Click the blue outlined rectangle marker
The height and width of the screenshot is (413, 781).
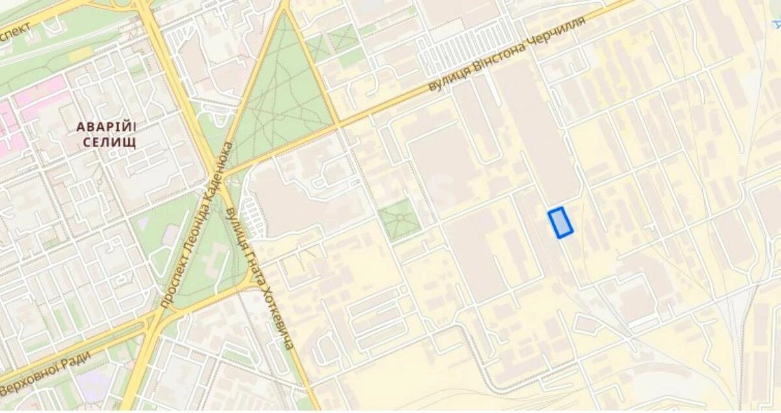coord(560,223)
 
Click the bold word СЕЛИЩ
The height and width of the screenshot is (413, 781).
coord(109,142)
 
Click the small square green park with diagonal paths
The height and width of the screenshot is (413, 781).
coord(399,219)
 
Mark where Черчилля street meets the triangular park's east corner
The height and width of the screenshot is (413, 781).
coord(338,124)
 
